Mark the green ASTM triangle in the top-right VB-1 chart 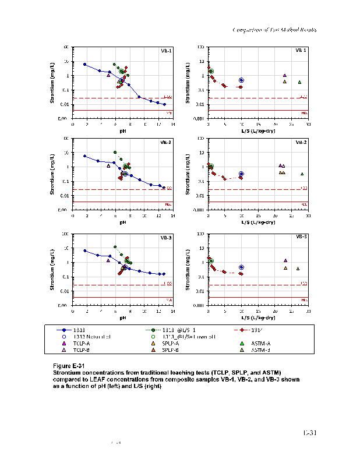pyautogui.click(x=299, y=82)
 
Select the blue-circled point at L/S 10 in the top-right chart pyautogui.click(x=241, y=80)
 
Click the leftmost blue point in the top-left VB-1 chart pyautogui.click(x=85, y=65)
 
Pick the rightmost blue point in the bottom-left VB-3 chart pyautogui.click(x=164, y=274)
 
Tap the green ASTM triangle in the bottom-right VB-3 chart pyautogui.click(x=298, y=269)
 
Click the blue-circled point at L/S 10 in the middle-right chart pyautogui.click(x=241, y=174)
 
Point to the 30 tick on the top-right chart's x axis pyautogui.click(x=308, y=124)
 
